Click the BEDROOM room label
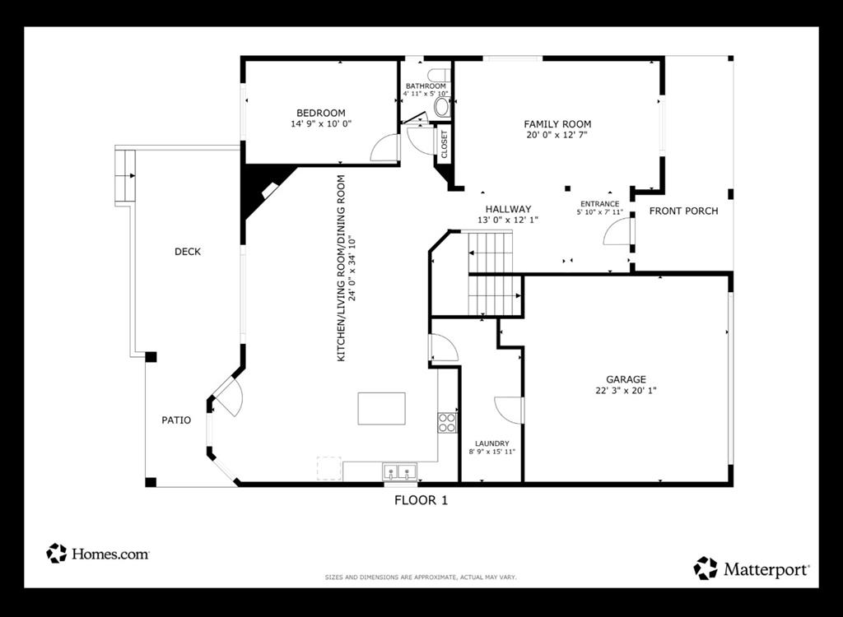321,113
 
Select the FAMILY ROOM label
557,124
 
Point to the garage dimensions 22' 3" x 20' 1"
626,391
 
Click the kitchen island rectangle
381,408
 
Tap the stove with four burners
447,422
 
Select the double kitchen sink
400,472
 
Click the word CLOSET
445,145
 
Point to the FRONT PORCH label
683,211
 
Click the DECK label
188,252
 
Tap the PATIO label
176,420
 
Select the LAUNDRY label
491,443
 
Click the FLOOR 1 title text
421,499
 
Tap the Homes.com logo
98,554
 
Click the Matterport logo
752,568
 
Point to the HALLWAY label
508,209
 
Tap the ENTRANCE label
599,204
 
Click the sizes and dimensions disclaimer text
421,578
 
